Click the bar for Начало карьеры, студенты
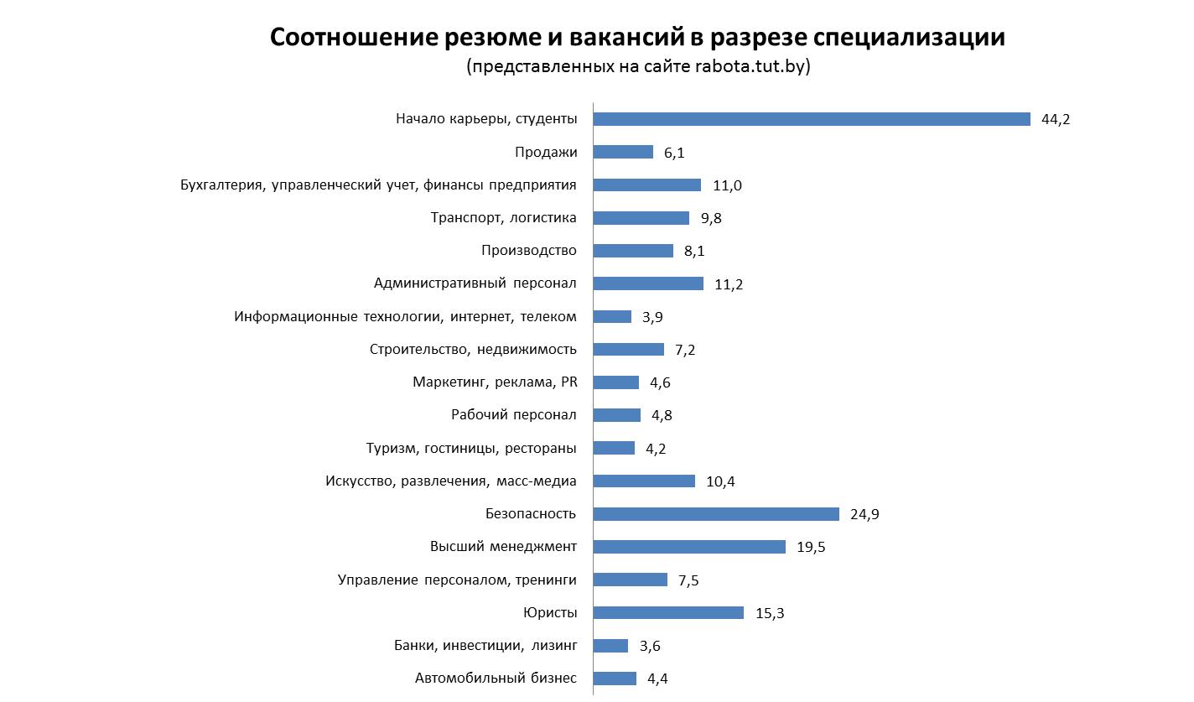pyautogui.click(x=812, y=119)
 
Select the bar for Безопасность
pyautogui.click(x=716, y=514)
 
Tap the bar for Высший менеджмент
pyautogui.click(x=689, y=547)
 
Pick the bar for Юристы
pyautogui.click(x=668, y=612)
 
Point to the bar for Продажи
pyautogui.click(x=623, y=152)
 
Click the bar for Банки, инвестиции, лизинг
pyautogui.click(x=610, y=646)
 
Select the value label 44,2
pyautogui.click(x=1056, y=119)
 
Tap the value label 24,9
pyautogui.click(x=864, y=514)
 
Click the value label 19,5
pyautogui.click(x=811, y=547)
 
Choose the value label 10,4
pyautogui.click(x=720, y=481)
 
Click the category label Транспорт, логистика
pyautogui.click(x=503, y=218)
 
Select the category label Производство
pyautogui.click(x=529, y=251)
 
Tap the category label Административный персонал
pyautogui.click(x=475, y=283)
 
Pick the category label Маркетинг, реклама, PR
pyautogui.click(x=495, y=382)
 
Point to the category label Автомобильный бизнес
pyautogui.click(x=496, y=679)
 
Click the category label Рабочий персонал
pyautogui.click(x=513, y=415)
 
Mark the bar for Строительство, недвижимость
pyautogui.click(x=628, y=350)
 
